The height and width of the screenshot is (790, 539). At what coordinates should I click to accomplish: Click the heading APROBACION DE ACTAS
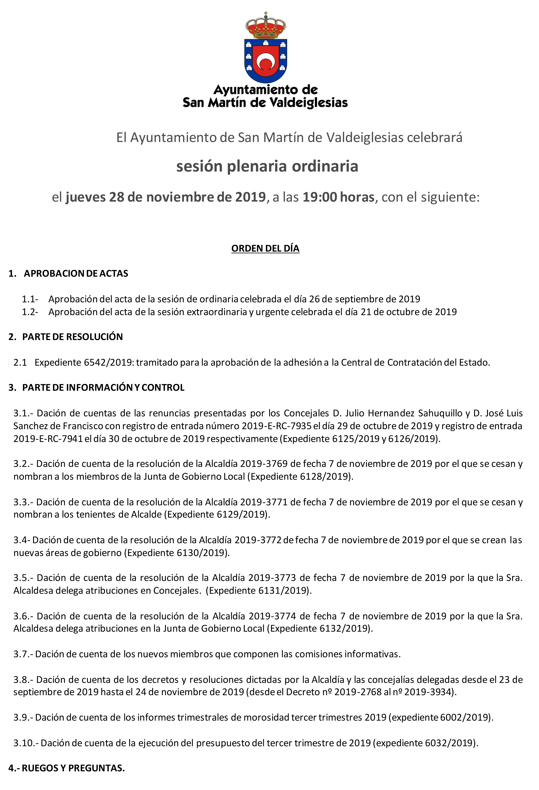pos(76,274)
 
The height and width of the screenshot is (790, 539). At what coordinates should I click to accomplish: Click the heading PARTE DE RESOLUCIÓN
pos(72,337)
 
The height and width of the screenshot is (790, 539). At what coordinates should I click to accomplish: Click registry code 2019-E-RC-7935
pos(277,426)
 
